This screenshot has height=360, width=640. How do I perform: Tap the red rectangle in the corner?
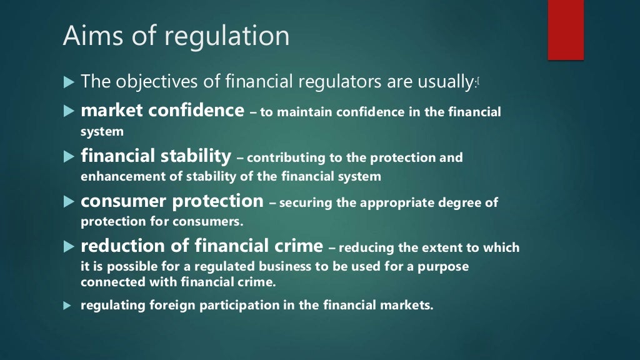[566, 30]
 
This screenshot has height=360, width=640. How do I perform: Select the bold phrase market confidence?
[162, 111]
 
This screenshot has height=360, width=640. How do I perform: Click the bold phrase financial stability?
[156, 156]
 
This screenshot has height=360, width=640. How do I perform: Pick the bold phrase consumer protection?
[172, 201]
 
